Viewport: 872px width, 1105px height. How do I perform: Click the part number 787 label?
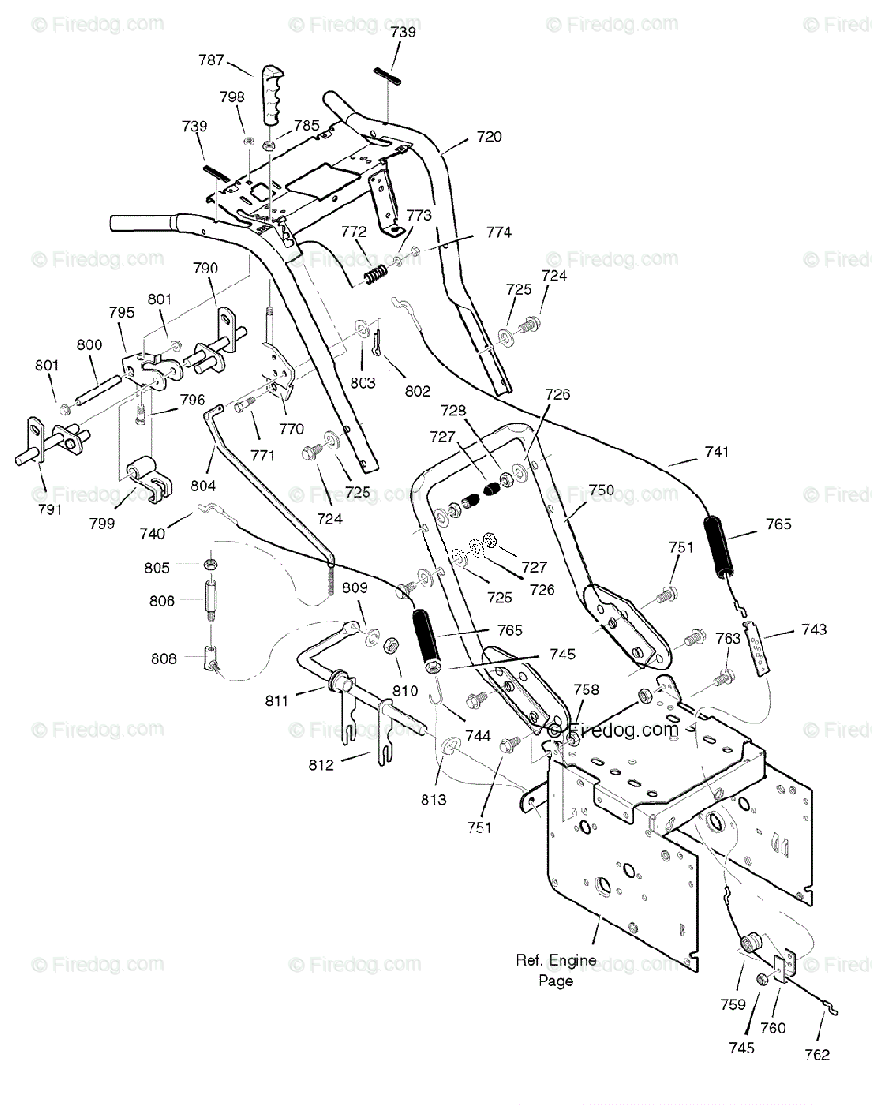coord(211,61)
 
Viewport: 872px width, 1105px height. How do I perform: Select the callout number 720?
coord(489,136)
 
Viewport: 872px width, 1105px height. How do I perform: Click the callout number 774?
coord(499,232)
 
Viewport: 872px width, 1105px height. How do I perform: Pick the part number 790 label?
coord(205,268)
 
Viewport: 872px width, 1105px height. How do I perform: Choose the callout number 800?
coord(90,344)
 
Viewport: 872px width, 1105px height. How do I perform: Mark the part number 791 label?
coord(49,509)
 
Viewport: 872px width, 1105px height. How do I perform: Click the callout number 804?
coord(203,485)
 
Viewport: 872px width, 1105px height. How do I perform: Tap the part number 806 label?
coord(162,600)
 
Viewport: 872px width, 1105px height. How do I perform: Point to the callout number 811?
coord(277,701)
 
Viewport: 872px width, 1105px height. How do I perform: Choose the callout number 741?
coord(717,451)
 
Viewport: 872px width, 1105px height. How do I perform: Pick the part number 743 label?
coord(814,630)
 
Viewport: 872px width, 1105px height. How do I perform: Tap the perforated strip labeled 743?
coord(762,646)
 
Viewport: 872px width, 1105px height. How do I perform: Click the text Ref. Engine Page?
coord(556,971)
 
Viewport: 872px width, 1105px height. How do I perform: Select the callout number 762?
coord(817,1054)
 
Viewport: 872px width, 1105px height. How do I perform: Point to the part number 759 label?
coord(733,1005)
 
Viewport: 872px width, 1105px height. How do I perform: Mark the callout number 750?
coord(601,490)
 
